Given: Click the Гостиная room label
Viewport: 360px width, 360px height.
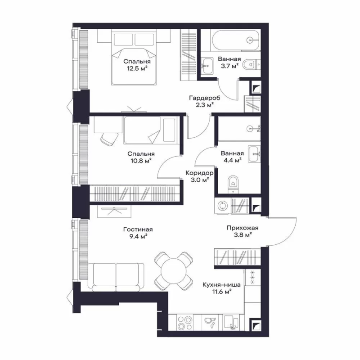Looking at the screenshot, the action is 138,229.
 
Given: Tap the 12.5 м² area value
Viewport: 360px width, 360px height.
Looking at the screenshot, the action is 137,68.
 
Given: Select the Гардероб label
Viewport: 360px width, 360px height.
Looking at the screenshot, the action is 205,98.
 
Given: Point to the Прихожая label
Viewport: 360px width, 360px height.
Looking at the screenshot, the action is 243,228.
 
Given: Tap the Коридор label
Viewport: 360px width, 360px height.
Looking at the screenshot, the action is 199,173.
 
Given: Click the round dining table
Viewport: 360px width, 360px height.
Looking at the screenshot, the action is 174,271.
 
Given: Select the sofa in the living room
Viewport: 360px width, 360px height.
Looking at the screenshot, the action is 116,277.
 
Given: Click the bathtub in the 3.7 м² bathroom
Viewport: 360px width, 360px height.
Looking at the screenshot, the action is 236,40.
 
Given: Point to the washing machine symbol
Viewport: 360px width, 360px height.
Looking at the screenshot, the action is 222,206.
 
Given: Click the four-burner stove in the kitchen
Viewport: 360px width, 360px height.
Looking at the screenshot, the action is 185,323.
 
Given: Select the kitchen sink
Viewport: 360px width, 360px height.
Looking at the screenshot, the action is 231,323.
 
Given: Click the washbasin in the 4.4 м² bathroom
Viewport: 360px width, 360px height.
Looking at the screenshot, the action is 254,153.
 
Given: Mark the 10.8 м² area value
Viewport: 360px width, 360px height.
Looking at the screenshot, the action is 141,161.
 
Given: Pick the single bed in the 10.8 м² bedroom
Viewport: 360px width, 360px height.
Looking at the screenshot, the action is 151,130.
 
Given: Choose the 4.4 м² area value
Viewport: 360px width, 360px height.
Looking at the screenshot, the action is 232,160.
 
